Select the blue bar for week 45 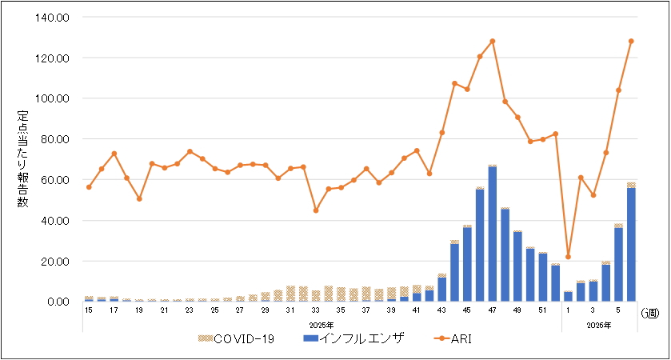coord(467,264)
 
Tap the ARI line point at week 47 coord(493,41)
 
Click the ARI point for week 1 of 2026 coord(568,257)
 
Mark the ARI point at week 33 coord(316,210)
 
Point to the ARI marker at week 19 coord(139,198)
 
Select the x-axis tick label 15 coord(89,309)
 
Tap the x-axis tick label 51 coord(543,309)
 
